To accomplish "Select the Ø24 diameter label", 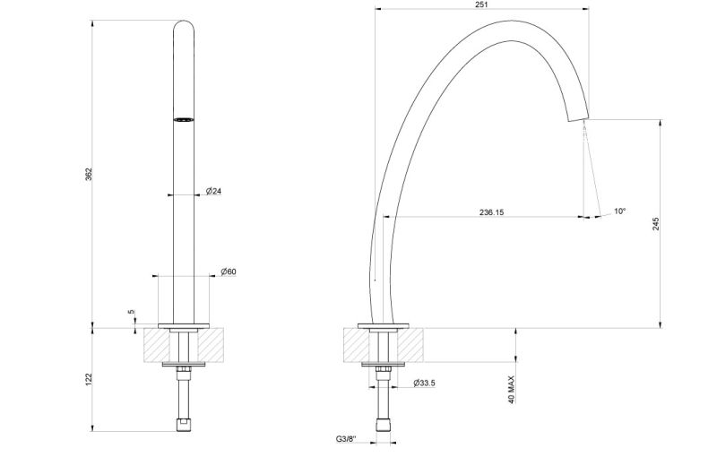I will [x=214, y=192].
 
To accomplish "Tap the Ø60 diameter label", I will [x=228, y=272].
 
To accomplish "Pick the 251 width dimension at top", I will [x=483, y=5].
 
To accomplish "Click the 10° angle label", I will [x=619, y=211].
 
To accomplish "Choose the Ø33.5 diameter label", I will [x=424, y=383].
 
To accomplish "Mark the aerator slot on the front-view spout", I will [x=183, y=118].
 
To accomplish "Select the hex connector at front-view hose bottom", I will [x=184, y=423].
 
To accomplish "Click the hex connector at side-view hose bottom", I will [x=384, y=423].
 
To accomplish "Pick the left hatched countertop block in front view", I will [x=160, y=344].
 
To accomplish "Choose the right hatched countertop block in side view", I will [x=408, y=344].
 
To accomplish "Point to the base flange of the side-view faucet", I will [x=384, y=323].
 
